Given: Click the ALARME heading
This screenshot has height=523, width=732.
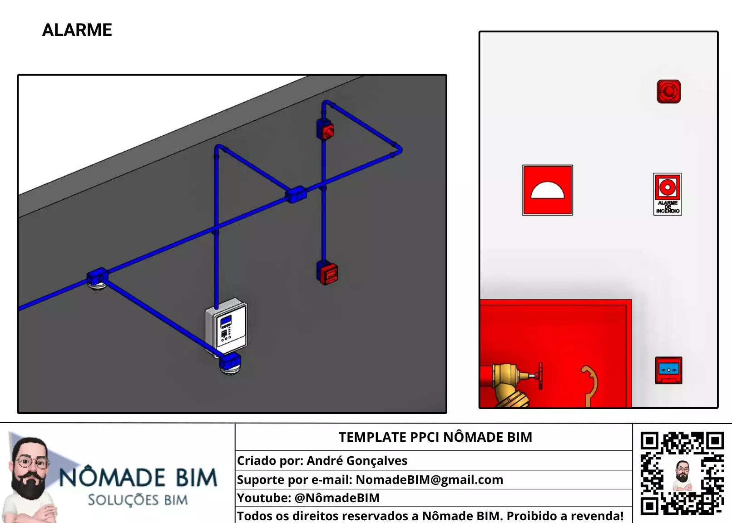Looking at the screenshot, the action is [77, 30].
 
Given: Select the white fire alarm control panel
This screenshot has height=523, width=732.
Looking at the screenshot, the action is [226, 327].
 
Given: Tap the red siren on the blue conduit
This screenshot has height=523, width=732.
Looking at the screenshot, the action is [326, 130].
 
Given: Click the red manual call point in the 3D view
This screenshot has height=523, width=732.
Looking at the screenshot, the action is [327, 273].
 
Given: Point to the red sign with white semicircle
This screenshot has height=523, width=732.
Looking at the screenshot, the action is [547, 190].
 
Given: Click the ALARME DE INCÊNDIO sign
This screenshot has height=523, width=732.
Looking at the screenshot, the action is [668, 194].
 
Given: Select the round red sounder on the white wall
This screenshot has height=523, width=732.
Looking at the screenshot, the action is [668, 91].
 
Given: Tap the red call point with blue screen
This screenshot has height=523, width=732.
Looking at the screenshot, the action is [668, 370].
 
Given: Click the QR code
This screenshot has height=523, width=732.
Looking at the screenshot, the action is [682, 474].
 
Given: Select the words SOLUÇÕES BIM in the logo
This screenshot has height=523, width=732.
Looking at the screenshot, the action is [138, 500].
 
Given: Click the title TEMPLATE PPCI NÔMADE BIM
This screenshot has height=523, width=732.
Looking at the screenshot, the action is [435, 437].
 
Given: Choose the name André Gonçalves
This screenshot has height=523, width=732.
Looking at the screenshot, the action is [357, 461].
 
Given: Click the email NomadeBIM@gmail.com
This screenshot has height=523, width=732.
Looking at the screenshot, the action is [430, 480].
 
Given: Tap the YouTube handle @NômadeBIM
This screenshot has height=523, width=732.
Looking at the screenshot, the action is [337, 498].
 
